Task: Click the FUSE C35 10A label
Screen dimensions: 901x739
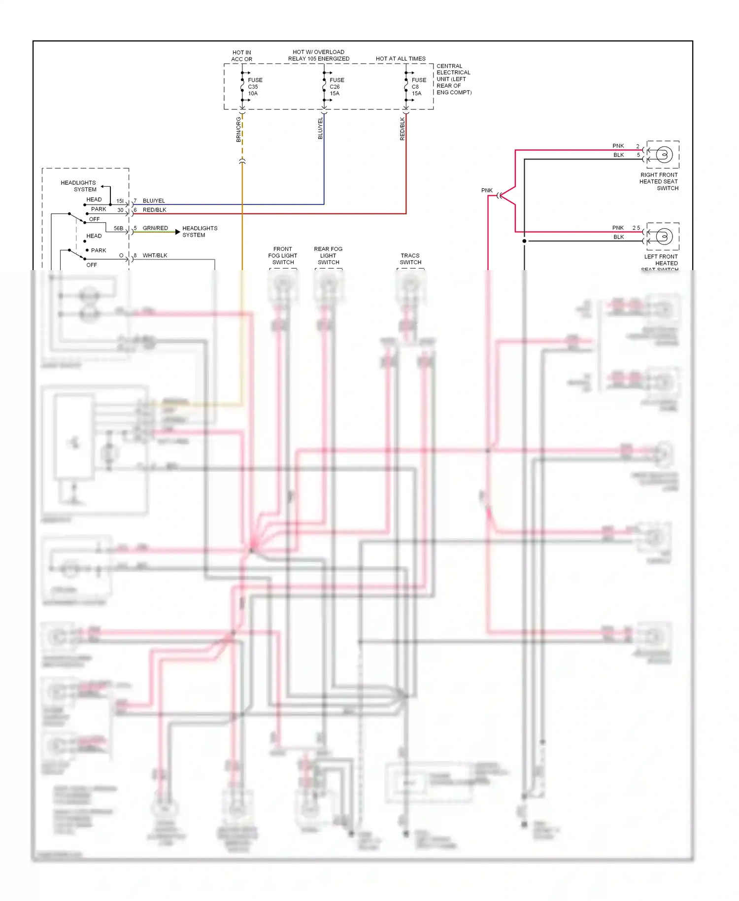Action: point(254,86)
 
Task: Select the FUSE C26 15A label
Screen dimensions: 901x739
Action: point(336,86)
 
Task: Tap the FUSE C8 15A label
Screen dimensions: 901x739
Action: point(418,86)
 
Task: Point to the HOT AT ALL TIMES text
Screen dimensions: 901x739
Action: point(401,59)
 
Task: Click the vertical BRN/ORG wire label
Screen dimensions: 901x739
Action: point(238,130)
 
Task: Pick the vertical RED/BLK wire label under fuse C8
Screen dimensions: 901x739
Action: point(403,129)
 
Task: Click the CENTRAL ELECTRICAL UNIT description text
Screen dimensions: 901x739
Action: point(454,79)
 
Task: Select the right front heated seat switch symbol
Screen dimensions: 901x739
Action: point(664,155)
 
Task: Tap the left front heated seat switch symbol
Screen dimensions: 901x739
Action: point(664,237)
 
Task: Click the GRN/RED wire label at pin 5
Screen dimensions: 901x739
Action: point(155,228)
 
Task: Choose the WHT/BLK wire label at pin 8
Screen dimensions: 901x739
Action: point(155,255)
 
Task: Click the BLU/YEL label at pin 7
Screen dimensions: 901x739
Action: point(154,201)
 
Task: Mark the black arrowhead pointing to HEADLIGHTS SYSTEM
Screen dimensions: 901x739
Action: point(178,232)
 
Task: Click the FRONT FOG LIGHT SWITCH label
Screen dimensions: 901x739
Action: point(283,256)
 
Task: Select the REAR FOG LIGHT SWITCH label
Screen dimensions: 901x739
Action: point(328,256)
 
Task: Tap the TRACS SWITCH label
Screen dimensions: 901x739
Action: point(410,259)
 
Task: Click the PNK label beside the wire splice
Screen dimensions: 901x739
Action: point(487,190)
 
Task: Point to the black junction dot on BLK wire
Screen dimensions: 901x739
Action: point(524,241)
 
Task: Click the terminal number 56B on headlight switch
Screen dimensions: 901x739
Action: point(118,228)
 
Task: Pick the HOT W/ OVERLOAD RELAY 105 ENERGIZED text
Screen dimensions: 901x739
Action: point(319,55)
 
